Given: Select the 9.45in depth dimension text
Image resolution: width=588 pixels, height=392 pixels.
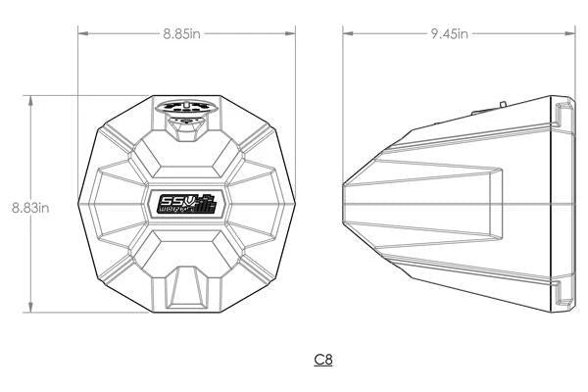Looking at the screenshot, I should pos(449,33).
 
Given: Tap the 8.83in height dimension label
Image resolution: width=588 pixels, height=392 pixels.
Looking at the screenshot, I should pos(30,207).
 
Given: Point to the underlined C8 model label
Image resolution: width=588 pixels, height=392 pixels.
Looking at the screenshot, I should pos(323,360).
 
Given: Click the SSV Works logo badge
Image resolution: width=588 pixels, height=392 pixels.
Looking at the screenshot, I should pos(186,203).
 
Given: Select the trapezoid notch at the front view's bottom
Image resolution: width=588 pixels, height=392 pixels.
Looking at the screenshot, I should pos(186,289).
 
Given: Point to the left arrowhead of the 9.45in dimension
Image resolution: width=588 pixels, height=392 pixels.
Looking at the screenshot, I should pos(346,33).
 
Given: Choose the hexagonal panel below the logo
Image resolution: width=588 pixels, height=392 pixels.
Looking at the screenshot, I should pos(186,248).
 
